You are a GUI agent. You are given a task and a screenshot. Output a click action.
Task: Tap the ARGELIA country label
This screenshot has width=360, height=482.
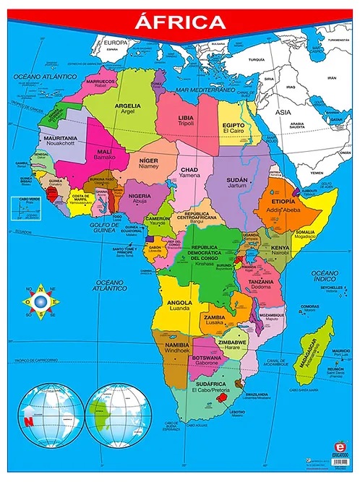(127, 106)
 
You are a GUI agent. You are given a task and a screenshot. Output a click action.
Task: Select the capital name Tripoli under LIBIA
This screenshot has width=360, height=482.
(186, 123)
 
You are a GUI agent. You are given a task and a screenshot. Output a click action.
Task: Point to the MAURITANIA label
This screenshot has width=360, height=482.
(60, 137)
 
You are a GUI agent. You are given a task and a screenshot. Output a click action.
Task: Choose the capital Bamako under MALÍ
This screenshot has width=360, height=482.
(104, 157)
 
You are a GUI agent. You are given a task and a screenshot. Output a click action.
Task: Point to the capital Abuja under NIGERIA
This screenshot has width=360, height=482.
(140, 202)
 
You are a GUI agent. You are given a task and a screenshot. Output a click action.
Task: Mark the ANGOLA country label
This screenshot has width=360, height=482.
(179, 303)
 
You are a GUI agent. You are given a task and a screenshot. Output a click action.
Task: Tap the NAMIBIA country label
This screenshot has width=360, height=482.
(176, 346)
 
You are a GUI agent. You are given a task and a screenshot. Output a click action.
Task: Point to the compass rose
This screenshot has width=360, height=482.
(42, 300)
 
